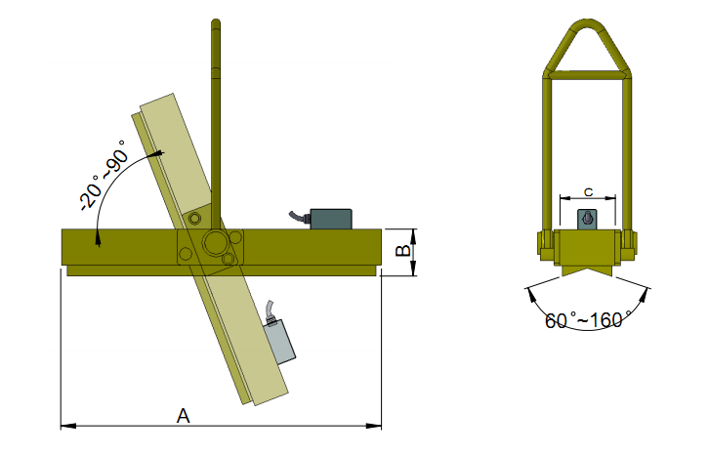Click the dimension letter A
184,415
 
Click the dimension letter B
403,250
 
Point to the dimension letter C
588,192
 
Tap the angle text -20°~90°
103,175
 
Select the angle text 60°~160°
588,319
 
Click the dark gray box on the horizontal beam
331,219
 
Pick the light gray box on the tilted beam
278,342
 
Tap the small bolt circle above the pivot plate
194,219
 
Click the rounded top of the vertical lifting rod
216,22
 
